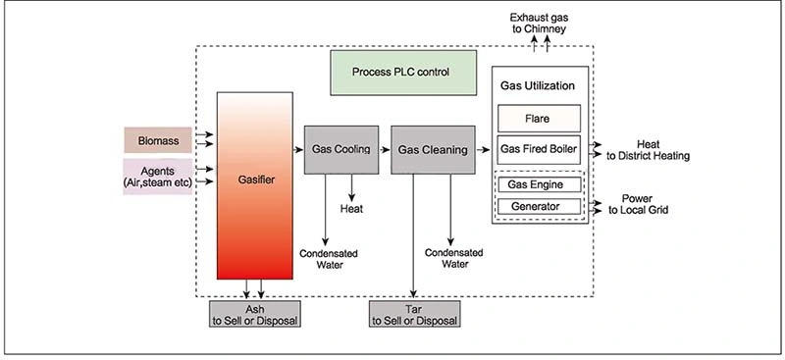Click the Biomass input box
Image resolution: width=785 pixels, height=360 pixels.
[x=157, y=140]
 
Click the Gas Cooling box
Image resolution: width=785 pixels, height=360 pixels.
[x=340, y=150]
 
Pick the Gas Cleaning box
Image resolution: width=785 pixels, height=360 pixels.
[x=429, y=150]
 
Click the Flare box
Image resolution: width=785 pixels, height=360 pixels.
[x=539, y=119]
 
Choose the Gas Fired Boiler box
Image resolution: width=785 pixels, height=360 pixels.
[x=539, y=150]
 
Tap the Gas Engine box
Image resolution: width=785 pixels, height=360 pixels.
[x=539, y=184]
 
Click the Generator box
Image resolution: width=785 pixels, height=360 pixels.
[x=539, y=206]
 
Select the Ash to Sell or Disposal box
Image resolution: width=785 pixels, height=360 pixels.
[x=254, y=315]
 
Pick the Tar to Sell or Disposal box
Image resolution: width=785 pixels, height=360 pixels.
[x=413, y=315]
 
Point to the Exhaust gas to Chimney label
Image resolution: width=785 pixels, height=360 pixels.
[x=536, y=23]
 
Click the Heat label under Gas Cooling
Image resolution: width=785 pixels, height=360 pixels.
[x=353, y=209]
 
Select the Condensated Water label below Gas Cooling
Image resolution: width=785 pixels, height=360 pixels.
[x=329, y=259]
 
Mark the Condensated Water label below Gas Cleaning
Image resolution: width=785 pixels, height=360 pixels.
[x=452, y=257]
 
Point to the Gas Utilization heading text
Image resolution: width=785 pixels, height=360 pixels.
[x=539, y=87]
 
